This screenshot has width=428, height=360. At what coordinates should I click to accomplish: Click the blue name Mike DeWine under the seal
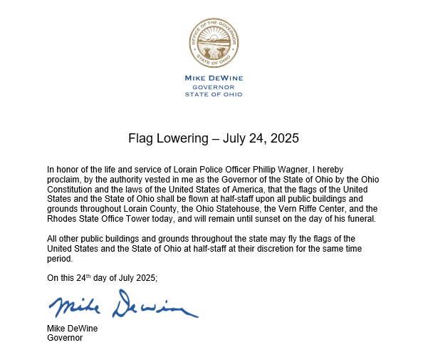pos(213,77)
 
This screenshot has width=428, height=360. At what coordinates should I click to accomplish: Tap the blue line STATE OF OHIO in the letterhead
pos(213,94)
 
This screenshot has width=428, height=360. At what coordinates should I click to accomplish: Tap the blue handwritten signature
pos(122,305)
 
